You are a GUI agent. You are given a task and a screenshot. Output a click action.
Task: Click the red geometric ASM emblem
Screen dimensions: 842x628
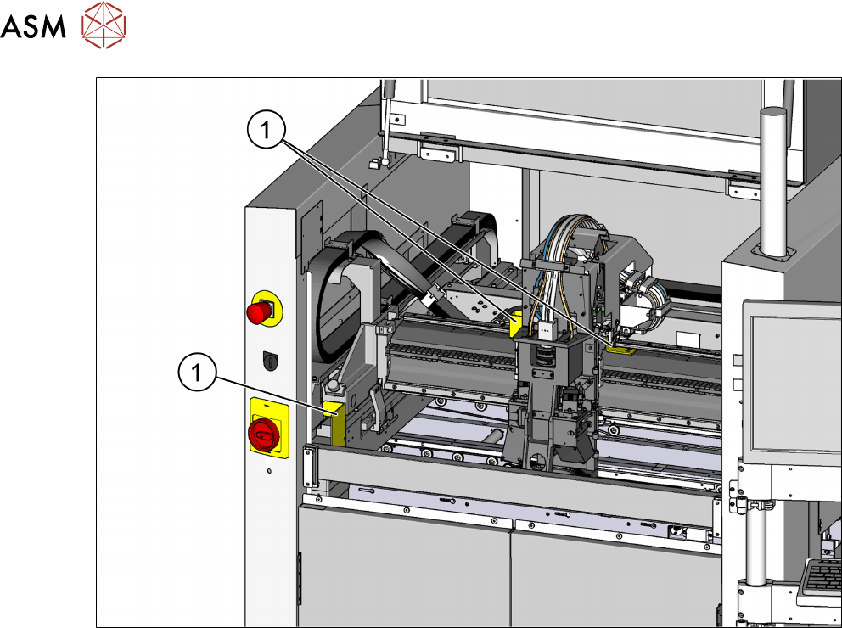click(104, 25)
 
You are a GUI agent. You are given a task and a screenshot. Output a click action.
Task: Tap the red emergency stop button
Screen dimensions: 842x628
click(260, 311)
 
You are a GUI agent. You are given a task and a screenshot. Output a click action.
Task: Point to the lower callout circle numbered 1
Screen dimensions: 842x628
click(197, 372)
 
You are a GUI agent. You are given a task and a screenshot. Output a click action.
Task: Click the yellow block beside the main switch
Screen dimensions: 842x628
click(335, 423)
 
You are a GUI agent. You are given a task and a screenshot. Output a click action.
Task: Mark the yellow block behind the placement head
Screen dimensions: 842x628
click(517, 322)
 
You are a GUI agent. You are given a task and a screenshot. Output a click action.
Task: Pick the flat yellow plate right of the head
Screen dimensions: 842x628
click(620, 350)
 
